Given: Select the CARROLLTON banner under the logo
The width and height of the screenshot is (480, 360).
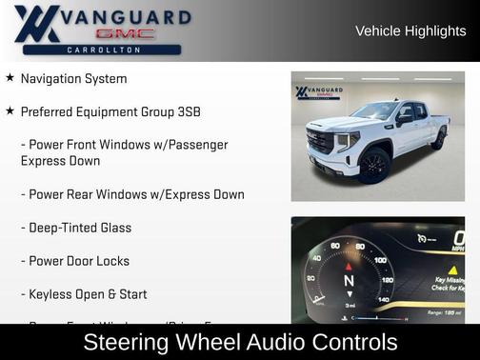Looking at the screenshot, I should [102, 49].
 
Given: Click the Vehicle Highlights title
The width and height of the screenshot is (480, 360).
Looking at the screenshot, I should [410, 30].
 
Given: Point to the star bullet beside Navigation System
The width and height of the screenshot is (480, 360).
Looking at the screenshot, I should [10, 78].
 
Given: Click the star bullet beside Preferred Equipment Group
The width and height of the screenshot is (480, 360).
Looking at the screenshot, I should [10, 111].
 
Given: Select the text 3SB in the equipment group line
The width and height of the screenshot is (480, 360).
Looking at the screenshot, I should [187, 111].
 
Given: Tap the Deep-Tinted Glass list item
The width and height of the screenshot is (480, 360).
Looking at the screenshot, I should [76, 228].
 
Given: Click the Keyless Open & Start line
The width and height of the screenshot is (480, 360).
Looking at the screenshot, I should [84, 294].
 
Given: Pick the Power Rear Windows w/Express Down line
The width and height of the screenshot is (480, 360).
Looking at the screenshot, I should [132, 194].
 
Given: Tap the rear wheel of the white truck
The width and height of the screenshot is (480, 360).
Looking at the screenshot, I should [439, 139].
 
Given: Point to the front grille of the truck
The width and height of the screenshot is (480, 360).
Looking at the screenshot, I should [320, 143].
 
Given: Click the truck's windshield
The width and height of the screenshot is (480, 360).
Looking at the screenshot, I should [374, 111].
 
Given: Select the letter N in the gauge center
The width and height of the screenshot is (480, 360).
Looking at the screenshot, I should [350, 282].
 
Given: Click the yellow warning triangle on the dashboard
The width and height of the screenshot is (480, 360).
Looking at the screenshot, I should [452, 270].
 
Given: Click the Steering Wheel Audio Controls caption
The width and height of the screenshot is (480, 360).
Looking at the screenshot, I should [240, 342].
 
